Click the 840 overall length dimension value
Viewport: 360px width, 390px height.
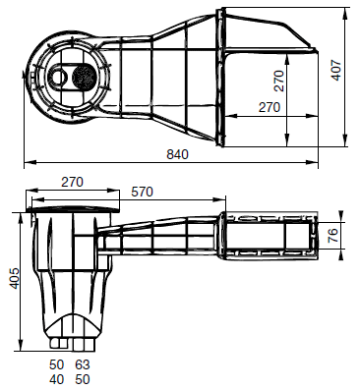pyautogui.click(x=177, y=154)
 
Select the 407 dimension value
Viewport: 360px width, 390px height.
pyautogui.click(x=336, y=71)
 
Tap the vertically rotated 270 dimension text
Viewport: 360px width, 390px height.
pyautogui.click(x=278, y=81)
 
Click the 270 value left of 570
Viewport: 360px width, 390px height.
pyautogui.click(x=72, y=182)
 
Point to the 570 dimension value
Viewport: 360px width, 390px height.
pyautogui.click(x=142, y=192)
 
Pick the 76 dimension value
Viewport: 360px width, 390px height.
pyautogui.click(x=332, y=236)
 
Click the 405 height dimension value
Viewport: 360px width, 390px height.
pyautogui.click(x=15, y=279)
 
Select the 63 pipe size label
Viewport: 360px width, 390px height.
pyautogui.click(x=83, y=364)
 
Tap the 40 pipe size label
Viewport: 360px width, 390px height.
pyautogui.click(x=57, y=379)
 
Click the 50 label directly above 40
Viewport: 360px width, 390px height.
pyautogui.click(x=57, y=364)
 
